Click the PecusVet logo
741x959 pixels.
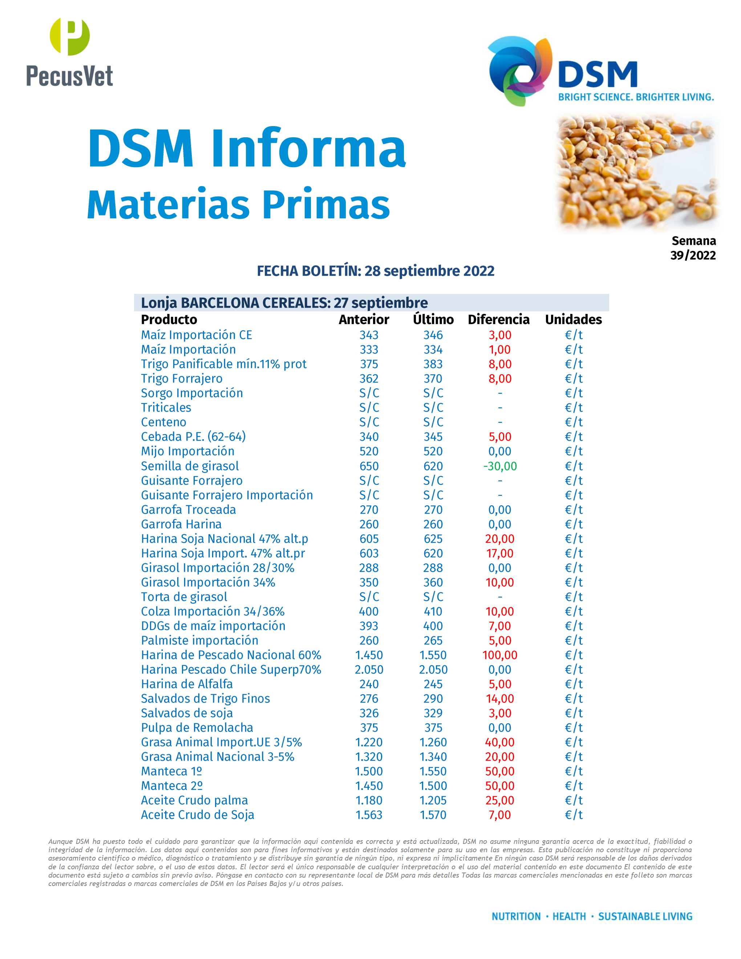tap(69, 53)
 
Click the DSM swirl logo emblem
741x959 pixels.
tap(520, 71)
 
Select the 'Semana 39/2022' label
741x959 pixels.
tap(693, 248)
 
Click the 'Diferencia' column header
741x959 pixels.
tap(499, 319)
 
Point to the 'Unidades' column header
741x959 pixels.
tap(573, 319)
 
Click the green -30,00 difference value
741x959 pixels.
tap(500, 466)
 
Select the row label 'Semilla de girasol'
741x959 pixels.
tap(190, 466)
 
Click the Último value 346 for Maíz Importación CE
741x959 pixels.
tap(433, 335)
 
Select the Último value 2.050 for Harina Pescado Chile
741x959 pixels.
tap(433, 669)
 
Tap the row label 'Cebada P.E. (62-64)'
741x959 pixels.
tap(193, 437)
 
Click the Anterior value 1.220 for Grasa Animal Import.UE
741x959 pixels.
tap(369, 742)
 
